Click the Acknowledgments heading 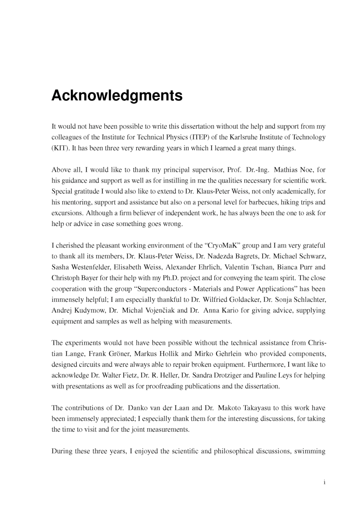pyautogui.click(x=117, y=96)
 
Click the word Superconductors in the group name pyautogui.click(x=162, y=289)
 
